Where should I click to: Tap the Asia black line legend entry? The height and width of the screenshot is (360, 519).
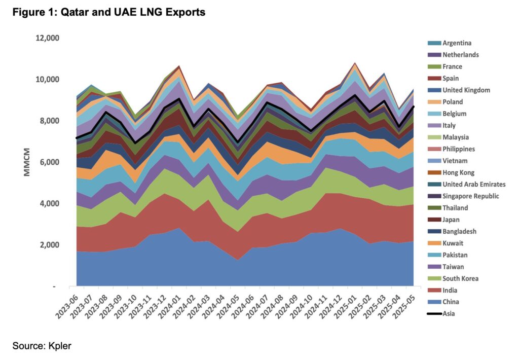click(448, 314)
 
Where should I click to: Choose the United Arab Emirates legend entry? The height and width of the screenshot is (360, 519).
click(473, 184)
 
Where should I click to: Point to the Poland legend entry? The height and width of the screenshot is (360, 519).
click(453, 102)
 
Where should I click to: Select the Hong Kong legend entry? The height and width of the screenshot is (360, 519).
click(458, 172)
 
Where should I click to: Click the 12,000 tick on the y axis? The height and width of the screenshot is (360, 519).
click(47, 38)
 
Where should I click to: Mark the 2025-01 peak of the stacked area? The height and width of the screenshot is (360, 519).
click(355, 63)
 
